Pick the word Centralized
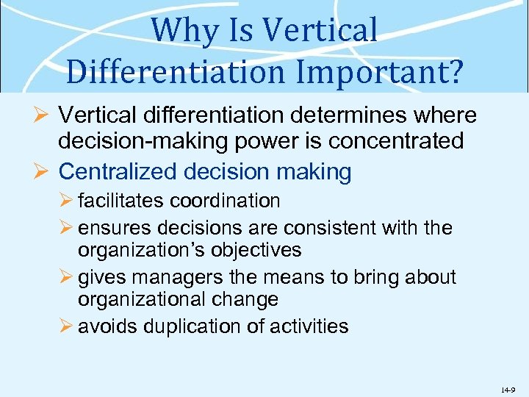coord(118,172)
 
